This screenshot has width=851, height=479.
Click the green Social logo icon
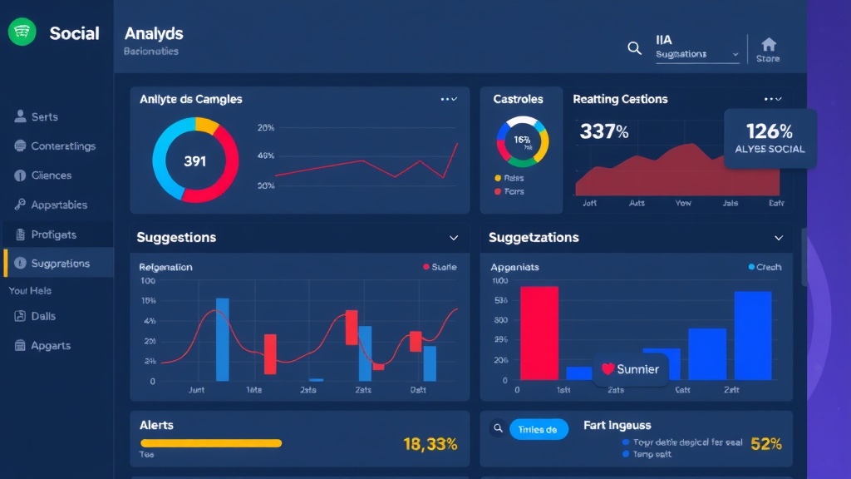22,32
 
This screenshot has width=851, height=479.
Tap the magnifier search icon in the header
634,48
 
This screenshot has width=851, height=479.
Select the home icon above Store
769,44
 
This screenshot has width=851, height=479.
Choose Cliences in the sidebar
52,175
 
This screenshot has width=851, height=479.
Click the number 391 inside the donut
195,160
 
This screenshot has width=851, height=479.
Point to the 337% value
604,131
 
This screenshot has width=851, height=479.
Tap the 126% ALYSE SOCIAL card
770,138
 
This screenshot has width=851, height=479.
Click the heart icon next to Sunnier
608,369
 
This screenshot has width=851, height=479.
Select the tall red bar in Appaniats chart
539,333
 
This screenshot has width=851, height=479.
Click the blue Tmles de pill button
539,429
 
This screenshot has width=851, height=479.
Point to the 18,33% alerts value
430,444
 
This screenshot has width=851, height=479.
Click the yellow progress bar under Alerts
210,443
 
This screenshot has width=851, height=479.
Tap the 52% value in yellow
765,444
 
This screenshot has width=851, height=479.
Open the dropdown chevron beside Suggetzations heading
779,238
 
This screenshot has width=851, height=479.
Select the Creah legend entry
765,267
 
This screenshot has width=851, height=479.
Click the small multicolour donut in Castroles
522,140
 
